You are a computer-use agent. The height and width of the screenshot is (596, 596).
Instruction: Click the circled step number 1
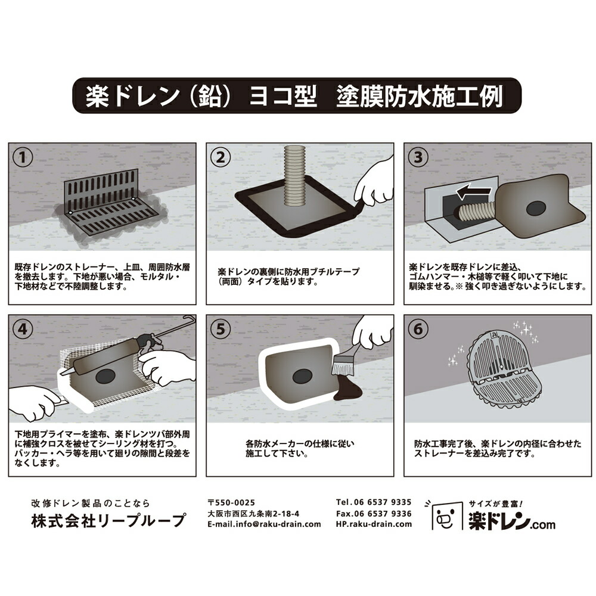pos(23,157)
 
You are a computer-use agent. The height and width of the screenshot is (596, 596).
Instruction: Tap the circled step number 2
pos(221,157)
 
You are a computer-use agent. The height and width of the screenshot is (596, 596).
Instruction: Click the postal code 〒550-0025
pos(233,502)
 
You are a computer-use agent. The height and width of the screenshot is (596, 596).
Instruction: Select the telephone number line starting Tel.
pos(373,502)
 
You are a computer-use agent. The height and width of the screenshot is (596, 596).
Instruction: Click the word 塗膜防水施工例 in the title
pos(420,95)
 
